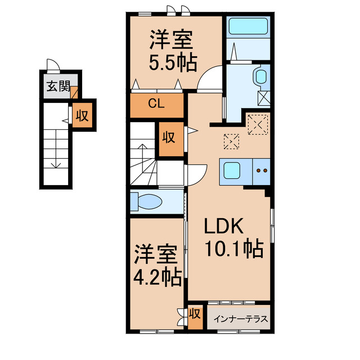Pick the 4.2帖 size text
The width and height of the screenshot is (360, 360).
pyautogui.click(x=157, y=276)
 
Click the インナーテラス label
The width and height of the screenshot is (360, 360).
pyautogui.click(x=239, y=318)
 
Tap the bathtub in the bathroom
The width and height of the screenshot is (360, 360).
pyautogui.click(x=249, y=27)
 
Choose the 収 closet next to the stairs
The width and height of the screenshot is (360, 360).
pyautogui.click(x=168, y=137)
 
